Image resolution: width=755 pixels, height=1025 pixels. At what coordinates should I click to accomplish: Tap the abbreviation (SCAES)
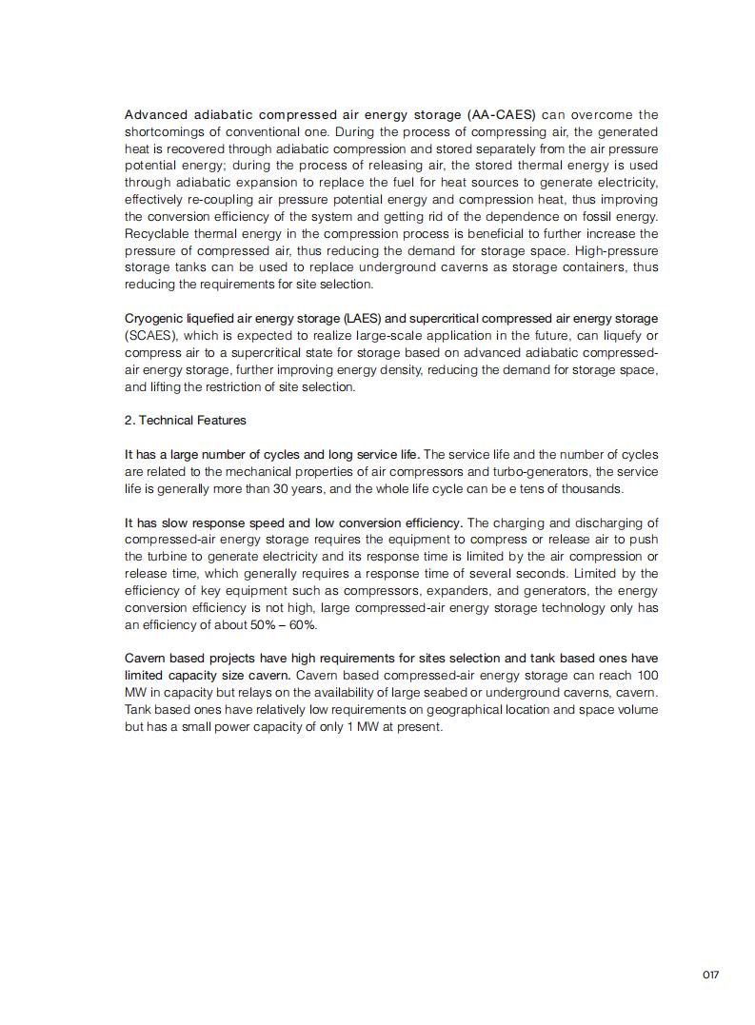point(150,335)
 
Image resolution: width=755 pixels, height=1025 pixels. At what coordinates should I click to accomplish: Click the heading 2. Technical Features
point(185,420)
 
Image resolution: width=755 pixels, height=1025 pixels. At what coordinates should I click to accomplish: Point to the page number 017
point(710,975)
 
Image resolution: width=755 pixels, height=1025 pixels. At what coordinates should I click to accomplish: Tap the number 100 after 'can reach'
point(646,675)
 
